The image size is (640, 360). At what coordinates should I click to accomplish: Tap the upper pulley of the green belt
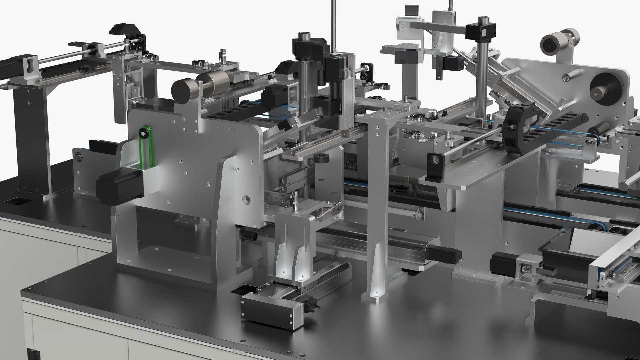143,134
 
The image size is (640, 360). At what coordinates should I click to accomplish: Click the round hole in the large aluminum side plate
247,200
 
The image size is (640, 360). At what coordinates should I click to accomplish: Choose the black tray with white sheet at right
567,253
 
